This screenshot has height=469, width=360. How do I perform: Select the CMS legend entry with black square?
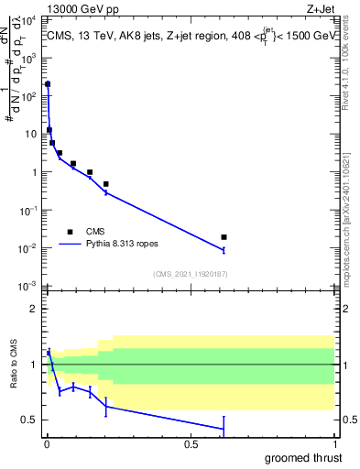coord(70,233)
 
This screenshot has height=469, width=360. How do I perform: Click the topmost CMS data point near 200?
coord(48,84)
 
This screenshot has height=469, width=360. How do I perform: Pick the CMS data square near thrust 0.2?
coord(106,184)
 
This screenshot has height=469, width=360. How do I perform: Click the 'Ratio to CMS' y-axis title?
coord(13,365)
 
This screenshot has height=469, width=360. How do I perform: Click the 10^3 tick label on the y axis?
coord(30,57)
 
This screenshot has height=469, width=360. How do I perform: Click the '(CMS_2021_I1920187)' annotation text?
coord(190,274)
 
